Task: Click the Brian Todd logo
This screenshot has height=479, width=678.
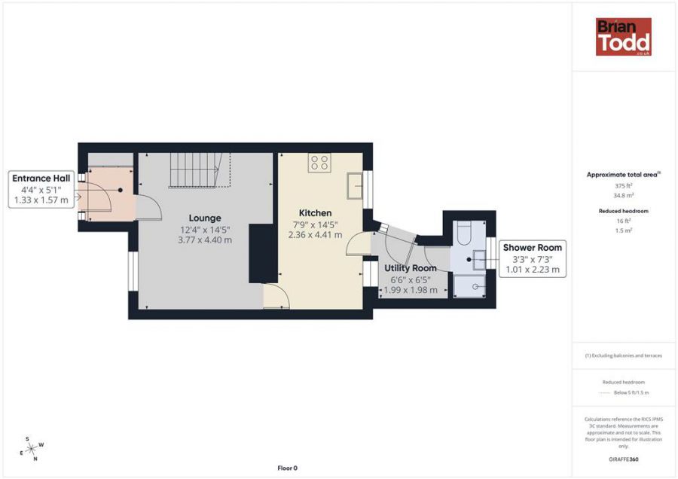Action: tap(623, 37)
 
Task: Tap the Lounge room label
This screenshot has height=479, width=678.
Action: tap(205, 218)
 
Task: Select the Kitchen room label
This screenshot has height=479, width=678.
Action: tap(315, 213)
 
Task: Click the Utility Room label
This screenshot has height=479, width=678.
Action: tap(411, 268)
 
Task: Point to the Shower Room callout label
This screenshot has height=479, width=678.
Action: tap(532, 248)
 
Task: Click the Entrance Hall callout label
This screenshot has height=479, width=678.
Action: tap(41, 178)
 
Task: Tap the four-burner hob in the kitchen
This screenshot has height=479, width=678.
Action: tap(319, 162)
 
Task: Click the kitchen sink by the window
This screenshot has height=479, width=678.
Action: tap(354, 186)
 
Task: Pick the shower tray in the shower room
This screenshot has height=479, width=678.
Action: tap(469, 285)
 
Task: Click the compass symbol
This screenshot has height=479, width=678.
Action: tap(32, 449)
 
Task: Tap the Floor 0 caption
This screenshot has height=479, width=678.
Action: tap(287, 468)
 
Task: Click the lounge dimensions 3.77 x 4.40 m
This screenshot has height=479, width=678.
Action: tap(205, 240)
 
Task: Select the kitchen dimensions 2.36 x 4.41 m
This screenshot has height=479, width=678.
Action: tap(315, 235)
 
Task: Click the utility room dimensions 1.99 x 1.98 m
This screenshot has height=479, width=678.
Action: tap(411, 290)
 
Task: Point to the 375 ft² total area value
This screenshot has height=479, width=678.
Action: tap(623, 185)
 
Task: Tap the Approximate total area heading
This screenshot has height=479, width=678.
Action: tap(623, 175)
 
